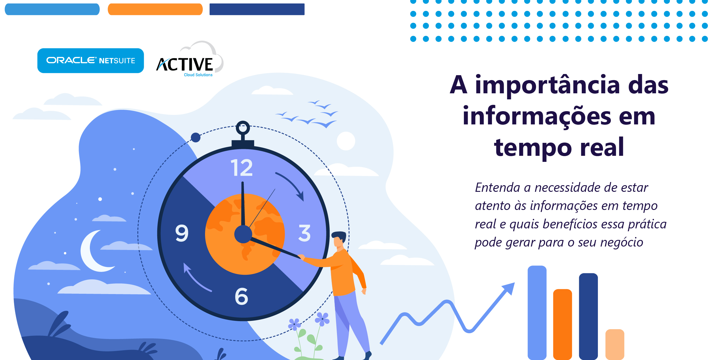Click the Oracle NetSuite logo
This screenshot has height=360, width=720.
[x=90, y=60]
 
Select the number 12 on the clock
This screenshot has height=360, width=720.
[x=242, y=168]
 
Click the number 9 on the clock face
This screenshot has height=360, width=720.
[x=182, y=233]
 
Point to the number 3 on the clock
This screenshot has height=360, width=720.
[x=304, y=233]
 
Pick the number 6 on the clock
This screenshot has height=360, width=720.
[x=241, y=296]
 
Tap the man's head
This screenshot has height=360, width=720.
[x=339, y=239]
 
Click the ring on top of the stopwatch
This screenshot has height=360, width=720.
[x=243, y=128]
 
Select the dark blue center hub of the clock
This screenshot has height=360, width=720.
[x=243, y=234]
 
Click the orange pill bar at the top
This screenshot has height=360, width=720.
[x=155, y=9]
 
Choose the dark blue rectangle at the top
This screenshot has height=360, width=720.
[x=257, y=9]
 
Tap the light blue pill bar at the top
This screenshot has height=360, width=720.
[x=52, y=9]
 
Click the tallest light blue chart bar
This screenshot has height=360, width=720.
[x=537, y=313]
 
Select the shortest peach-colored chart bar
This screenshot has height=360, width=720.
[x=615, y=344]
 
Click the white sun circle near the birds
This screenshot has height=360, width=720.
[x=346, y=141]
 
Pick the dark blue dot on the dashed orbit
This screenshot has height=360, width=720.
[x=196, y=137]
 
